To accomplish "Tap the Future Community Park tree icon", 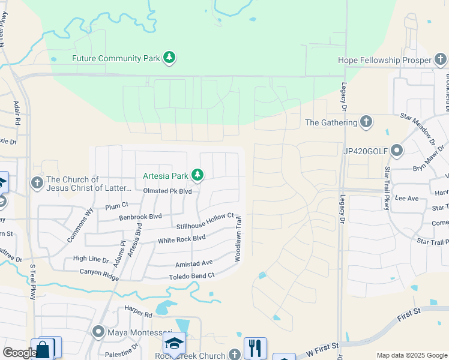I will tap(170, 58).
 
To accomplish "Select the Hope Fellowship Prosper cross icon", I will tap(441, 60).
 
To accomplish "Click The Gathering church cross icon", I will tap(366, 122).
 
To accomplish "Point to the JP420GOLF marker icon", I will tap(396, 150).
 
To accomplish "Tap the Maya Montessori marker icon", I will tap(98, 331).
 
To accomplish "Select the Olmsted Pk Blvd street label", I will tap(167, 191).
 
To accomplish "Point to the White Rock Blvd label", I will tap(181, 239).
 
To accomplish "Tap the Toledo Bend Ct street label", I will tap(192, 276).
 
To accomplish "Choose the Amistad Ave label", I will tap(194, 263).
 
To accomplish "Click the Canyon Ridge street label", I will tap(100, 272).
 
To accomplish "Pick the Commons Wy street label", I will tap(81, 224).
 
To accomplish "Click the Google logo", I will tap(19, 353).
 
